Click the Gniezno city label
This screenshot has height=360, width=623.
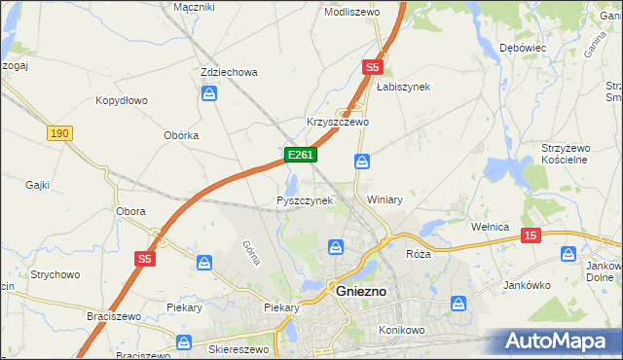[361, 291]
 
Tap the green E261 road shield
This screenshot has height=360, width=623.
[299, 155]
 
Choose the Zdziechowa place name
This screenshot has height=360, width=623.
[228, 72]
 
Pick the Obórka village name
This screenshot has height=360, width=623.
[181, 135]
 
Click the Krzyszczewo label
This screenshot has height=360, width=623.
[338, 122]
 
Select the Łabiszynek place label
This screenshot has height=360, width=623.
[403, 86]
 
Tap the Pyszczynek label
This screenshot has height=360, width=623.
[305, 200]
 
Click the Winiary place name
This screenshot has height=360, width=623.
[385, 199]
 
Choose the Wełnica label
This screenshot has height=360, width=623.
[491, 227]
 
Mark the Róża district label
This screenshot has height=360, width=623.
[418, 253]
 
